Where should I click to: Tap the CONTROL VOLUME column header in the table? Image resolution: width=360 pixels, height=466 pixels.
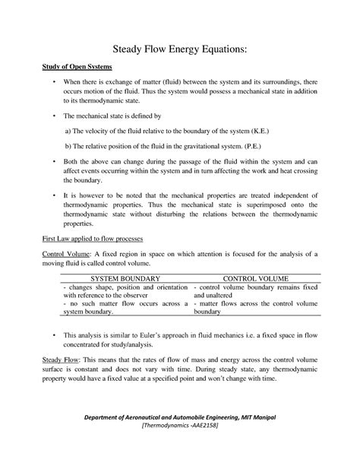(257, 279)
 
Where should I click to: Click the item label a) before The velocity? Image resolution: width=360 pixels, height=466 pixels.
(68, 131)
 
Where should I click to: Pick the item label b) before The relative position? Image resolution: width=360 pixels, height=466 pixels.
(68, 145)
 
